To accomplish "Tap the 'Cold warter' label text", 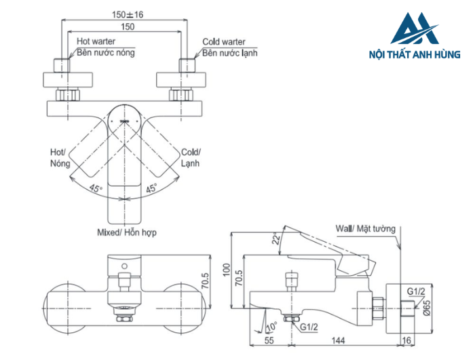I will [x=224, y=42].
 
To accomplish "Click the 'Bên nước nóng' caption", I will [x=105, y=52].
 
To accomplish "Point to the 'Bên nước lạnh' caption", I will [x=230, y=52].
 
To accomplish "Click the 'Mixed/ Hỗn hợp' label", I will [x=127, y=232].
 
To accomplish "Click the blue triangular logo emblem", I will [x=415, y=29].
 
